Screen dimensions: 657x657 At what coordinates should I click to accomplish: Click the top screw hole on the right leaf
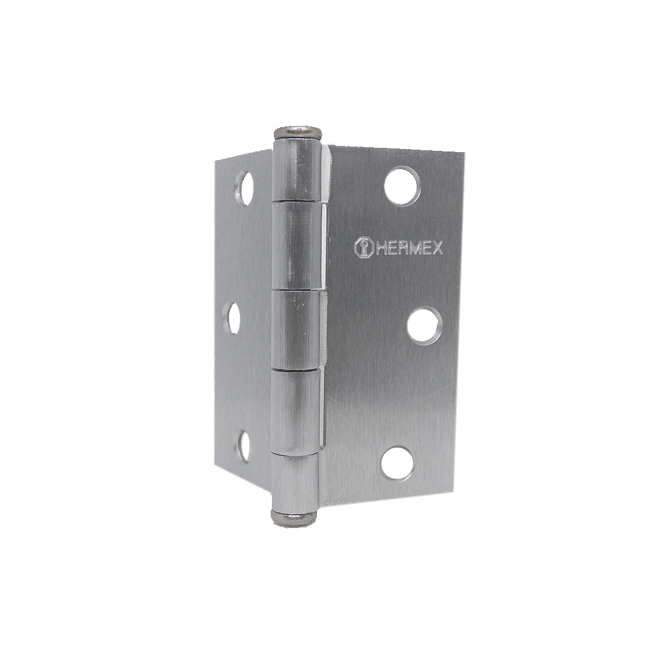click(x=402, y=186)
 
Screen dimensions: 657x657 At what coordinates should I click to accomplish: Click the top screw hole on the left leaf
click(x=245, y=188)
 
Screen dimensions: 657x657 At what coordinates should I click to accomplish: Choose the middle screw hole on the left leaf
click(x=232, y=318)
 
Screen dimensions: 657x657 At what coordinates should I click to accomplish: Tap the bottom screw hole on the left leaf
click(x=243, y=447)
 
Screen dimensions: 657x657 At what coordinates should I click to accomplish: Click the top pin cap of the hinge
click(x=298, y=133)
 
